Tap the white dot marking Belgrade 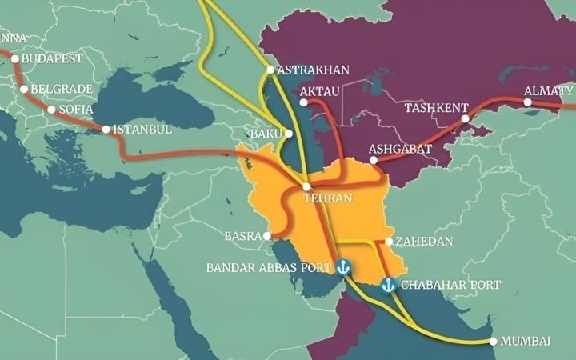24,90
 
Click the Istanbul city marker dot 106,129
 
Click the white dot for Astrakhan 270,70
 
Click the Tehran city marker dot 306,186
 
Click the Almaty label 548,91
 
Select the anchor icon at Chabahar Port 388,285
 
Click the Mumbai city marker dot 494,342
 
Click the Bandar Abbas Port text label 269,267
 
